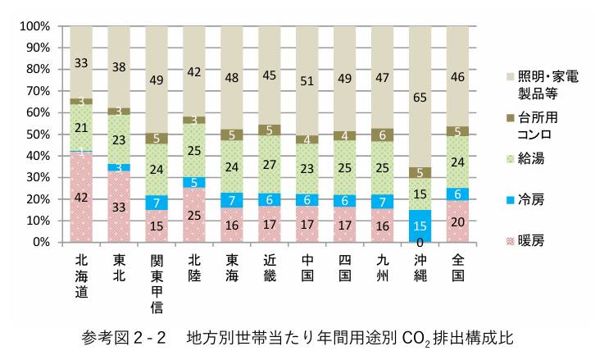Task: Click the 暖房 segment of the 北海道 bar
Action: pyautogui.click(x=81, y=197)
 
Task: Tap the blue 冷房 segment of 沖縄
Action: pyautogui.click(x=420, y=226)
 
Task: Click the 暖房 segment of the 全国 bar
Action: pyautogui.click(x=457, y=221)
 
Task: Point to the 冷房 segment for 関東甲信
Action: pyautogui.click(x=157, y=202)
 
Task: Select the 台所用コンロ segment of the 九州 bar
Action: pyautogui.click(x=382, y=134)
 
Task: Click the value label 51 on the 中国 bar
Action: pyautogui.click(x=307, y=80)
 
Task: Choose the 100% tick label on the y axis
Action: pyautogui.click(x=35, y=26)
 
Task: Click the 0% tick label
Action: pyautogui.click(x=41, y=243)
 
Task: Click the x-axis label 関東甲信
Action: pyautogui.click(x=157, y=283)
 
